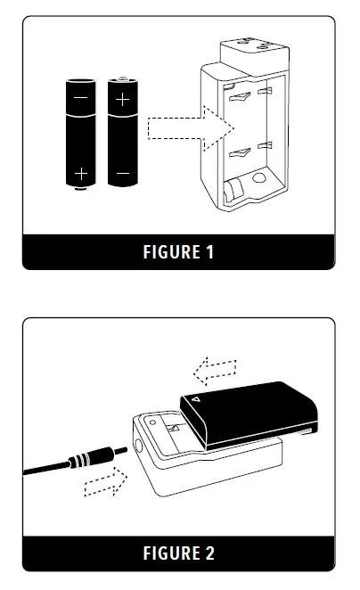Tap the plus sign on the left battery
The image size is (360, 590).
tap(81, 171)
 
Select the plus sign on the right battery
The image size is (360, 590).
tap(122, 96)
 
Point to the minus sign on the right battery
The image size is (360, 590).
tap(122, 171)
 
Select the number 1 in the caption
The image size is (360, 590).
tap(210, 252)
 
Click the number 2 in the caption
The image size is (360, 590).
tap(210, 553)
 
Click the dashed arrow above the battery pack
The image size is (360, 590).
tap(216, 367)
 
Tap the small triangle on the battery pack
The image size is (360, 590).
tap(197, 401)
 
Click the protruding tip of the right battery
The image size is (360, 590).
tap(122, 78)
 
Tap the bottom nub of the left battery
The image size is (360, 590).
tap(81, 189)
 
